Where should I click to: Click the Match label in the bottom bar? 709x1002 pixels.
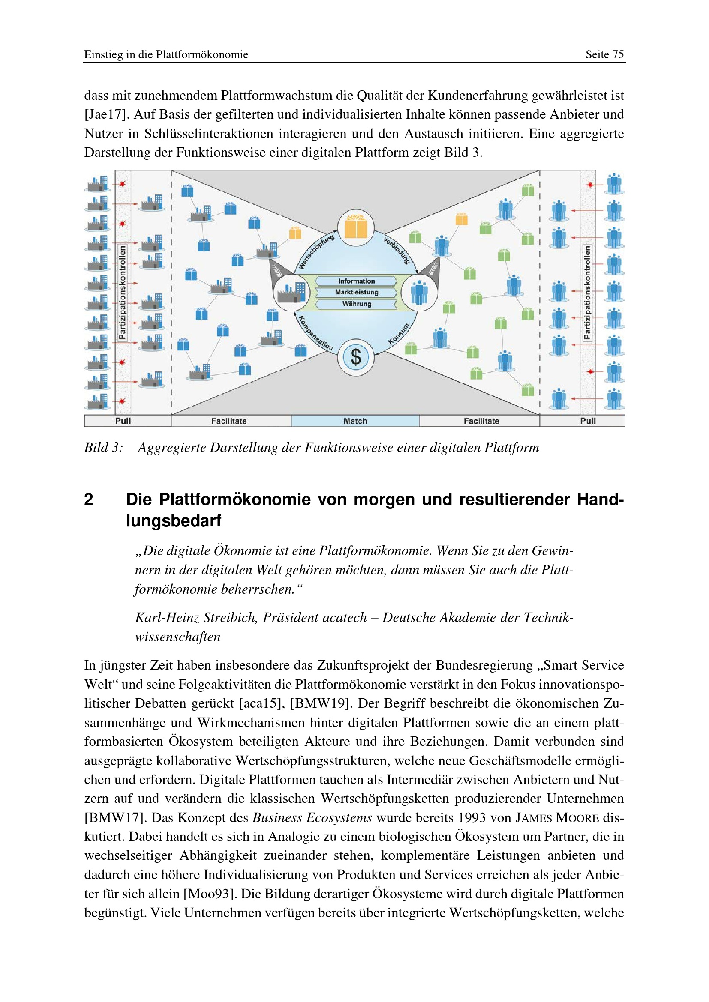pos(355,421)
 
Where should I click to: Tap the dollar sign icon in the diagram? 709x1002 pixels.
pos(356,357)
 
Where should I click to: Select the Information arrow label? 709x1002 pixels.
pos(356,281)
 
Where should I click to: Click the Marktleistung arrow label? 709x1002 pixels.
pos(356,292)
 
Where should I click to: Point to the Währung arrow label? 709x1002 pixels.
pos(356,304)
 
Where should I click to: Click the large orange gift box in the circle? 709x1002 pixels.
pos(356,227)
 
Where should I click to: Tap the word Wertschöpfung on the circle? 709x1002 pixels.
pos(316,252)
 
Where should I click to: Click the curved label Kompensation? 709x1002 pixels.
pos(315,333)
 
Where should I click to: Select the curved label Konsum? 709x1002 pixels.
pos(398,334)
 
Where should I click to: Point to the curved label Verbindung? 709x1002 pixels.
pos(397,250)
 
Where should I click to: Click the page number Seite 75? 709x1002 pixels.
pos(604,54)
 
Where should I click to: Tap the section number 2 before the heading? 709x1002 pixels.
pos(89,499)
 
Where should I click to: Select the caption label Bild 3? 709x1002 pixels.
pos(103,447)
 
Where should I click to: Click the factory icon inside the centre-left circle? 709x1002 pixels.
pos(291,293)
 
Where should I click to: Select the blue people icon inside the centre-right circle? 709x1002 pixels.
pos(419,293)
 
